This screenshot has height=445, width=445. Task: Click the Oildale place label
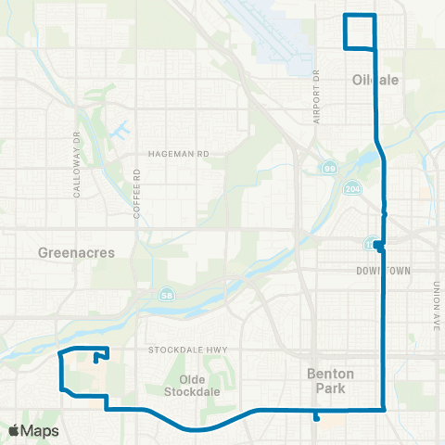point(376,80)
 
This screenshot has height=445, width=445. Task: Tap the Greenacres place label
point(69,251)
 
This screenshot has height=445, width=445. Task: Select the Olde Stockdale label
point(190,385)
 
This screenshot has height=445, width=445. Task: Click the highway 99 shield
point(329,168)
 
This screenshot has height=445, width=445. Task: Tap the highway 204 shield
point(355,188)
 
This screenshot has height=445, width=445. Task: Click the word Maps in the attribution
point(42,431)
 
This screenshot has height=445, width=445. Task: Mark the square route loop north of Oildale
point(361,32)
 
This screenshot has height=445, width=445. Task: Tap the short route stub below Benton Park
point(317,414)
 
